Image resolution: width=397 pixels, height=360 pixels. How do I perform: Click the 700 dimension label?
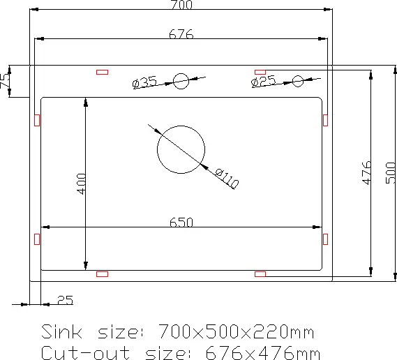(182, 5)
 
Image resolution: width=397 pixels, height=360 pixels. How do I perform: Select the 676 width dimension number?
(181, 34)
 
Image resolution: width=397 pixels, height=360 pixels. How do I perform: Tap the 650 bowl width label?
(181, 223)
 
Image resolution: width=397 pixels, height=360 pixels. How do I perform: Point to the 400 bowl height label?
(81, 183)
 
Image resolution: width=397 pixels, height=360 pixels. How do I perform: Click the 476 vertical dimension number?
(366, 173)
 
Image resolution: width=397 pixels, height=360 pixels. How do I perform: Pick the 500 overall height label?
(391, 173)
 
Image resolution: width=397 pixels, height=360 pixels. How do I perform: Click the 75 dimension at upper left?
(5, 81)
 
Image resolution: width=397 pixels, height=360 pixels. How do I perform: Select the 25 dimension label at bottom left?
(66, 300)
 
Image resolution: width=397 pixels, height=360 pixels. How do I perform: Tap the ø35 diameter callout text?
(145, 82)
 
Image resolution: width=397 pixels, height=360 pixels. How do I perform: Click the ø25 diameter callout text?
(263, 81)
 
